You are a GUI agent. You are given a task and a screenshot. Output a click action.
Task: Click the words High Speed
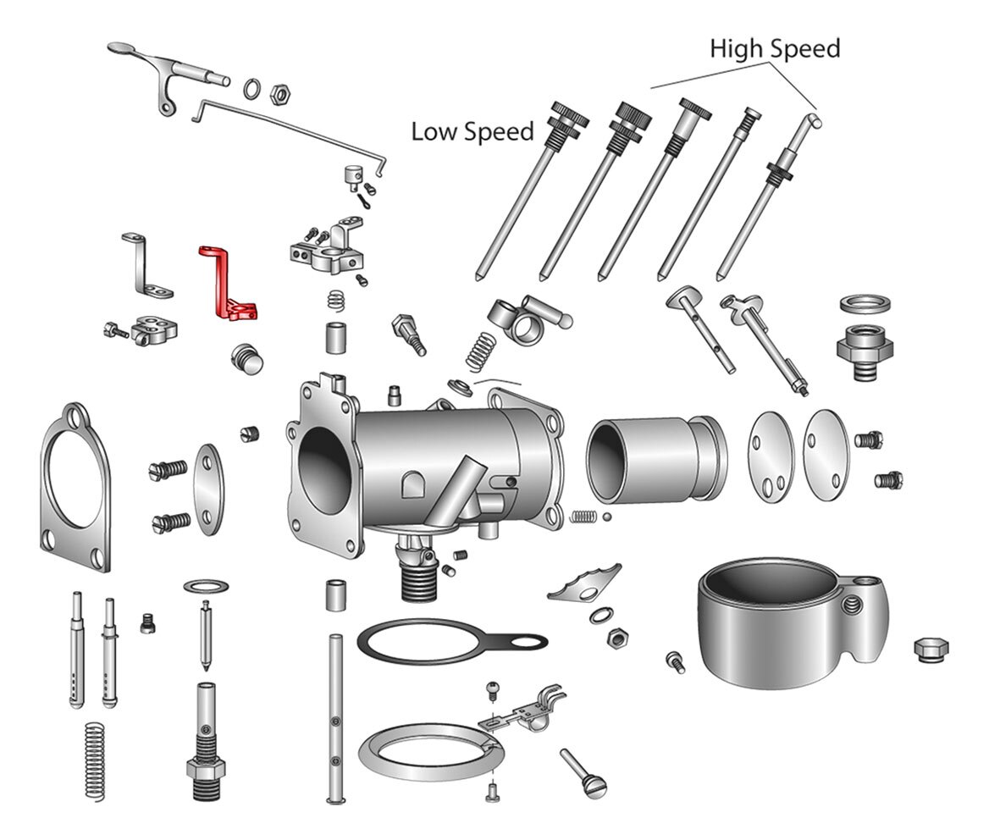click(x=775, y=48)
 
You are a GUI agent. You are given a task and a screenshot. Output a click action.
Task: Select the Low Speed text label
click(x=472, y=132)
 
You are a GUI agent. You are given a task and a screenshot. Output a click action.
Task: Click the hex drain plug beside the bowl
click(x=931, y=649)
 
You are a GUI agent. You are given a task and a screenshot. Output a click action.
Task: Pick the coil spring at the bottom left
click(x=95, y=761)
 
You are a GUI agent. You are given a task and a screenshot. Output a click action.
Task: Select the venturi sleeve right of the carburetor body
click(x=656, y=458)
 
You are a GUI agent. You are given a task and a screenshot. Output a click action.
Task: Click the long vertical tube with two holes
click(x=335, y=719)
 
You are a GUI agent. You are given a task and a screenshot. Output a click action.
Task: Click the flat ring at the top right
click(x=865, y=304)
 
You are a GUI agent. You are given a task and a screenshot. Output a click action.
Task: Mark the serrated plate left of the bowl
click(x=585, y=583)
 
